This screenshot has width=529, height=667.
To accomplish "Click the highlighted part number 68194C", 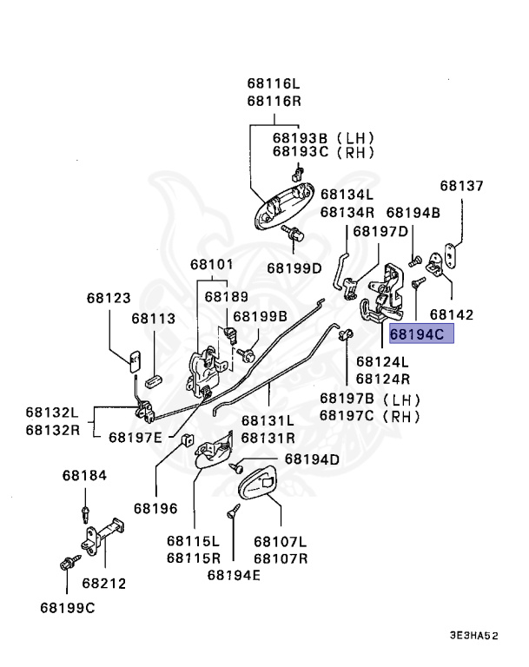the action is (417, 333).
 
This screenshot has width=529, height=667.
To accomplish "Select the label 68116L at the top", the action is (274, 83).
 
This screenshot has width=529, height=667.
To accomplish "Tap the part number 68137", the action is (461, 186).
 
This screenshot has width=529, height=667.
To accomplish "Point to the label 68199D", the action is (294, 268).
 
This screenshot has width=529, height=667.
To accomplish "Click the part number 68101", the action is (212, 264).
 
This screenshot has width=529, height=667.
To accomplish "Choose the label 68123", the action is (109, 298).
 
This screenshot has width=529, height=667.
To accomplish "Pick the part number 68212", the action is (104, 583).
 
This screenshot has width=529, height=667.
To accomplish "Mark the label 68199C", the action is (67, 607).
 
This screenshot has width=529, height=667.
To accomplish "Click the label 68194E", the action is (234, 575).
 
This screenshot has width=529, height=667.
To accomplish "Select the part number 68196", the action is (155, 508).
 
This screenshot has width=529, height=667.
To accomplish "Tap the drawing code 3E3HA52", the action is (473, 636).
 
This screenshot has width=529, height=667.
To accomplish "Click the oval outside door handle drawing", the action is (284, 205).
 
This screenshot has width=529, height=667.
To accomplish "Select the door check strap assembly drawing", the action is (103, 537).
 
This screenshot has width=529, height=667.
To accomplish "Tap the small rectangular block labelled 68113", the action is (153, 380).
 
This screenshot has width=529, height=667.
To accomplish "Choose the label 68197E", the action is (136, 438).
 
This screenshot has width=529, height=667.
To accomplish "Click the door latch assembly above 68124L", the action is (381, 294).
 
